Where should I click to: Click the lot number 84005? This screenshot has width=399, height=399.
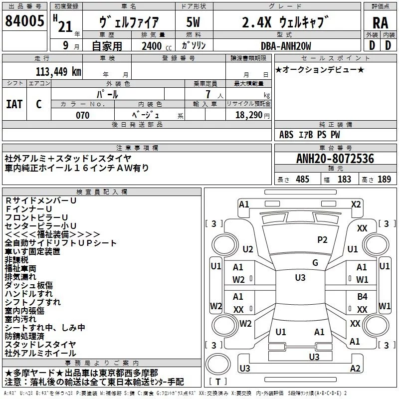pyautogui.click(x=25, y=21)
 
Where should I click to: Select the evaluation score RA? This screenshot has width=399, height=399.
pyautogui.click(x=380, y=22)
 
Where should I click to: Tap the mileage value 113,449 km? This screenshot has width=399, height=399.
pyautogui.click(x=58, y=71)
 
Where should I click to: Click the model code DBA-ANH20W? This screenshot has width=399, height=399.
pyautogui.click(x=286, y=46)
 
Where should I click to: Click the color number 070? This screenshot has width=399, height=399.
pyautogui.click(x=82, y=115)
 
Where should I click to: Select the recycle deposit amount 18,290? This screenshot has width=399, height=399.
pyautogui.click(x=250, y=115)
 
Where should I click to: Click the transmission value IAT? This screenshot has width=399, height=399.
pyautogui.click(x=14, y=104)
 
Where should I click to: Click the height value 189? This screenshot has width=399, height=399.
pyautogui.click(x=384, y=180)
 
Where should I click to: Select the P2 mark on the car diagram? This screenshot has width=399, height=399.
pyautogui.click(x=322, y=240)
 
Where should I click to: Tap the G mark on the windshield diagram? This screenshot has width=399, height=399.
pyautogui.click(x=315, y=263)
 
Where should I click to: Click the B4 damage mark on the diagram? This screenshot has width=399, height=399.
pyautogui.click(x=362, y=297)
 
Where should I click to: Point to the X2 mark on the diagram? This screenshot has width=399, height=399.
pyautogui.click(x=356, y=204)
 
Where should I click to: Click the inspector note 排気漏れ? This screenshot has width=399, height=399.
pyautogui.click(x=21, y=276)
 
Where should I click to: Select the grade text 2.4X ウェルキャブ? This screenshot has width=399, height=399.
pyautogui.click(x=286, y=22)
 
